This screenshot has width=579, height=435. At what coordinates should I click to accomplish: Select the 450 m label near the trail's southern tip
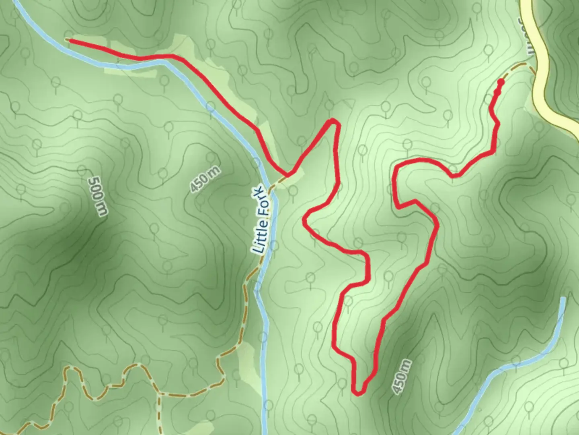click(x=402, y=377)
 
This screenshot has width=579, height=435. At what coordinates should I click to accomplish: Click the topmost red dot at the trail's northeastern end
click(x=501, y=82)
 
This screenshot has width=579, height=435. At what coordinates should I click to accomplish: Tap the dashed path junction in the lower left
click(x=159, y=394)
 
